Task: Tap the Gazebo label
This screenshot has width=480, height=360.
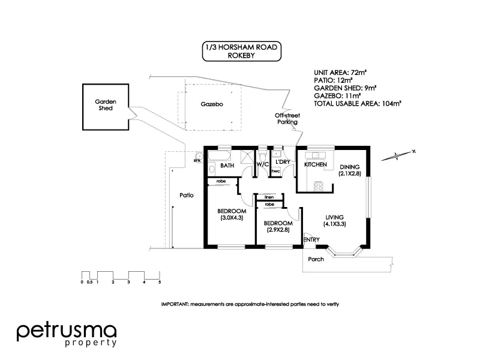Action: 212,104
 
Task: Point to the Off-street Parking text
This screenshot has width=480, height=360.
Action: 286,118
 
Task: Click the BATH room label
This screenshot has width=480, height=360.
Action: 227,165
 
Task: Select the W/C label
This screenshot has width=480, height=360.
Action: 262,164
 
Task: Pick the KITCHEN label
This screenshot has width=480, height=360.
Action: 316,164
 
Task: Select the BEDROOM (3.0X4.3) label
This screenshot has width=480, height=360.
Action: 232,214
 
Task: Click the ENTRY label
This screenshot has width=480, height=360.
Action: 311,240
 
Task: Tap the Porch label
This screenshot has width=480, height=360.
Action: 316,259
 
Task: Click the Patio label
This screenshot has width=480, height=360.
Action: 185,195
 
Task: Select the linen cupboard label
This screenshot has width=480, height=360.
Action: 269,197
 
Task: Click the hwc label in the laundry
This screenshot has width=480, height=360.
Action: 276,172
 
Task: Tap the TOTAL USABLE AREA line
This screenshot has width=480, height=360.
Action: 357,103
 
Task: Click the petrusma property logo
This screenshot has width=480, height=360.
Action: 67,334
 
